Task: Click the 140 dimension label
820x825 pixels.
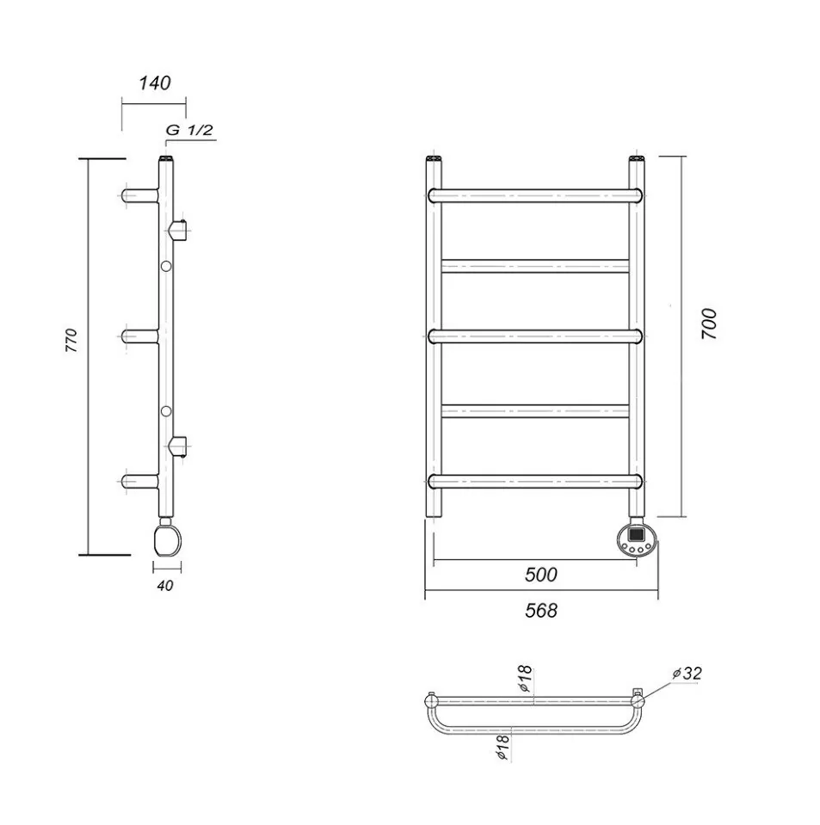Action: tap(155, 83)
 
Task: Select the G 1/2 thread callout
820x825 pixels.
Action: tap(189, 131)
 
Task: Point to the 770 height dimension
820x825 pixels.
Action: tap(71, 341)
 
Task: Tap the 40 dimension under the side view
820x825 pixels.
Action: tap(166, 586)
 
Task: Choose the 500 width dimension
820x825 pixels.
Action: tap(541, 575)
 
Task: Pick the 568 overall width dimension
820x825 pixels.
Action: tap(541, 610)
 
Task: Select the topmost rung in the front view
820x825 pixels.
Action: tap(535, 195)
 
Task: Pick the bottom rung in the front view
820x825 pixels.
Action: tap(535, 480)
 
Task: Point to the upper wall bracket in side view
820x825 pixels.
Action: tap(179, 231)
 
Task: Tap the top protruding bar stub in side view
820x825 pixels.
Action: tap(140, 195)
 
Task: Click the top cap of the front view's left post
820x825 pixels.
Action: tap(435, 159)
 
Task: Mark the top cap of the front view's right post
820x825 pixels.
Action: tap(636, 159)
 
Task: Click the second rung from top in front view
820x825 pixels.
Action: tap(535, 266)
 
